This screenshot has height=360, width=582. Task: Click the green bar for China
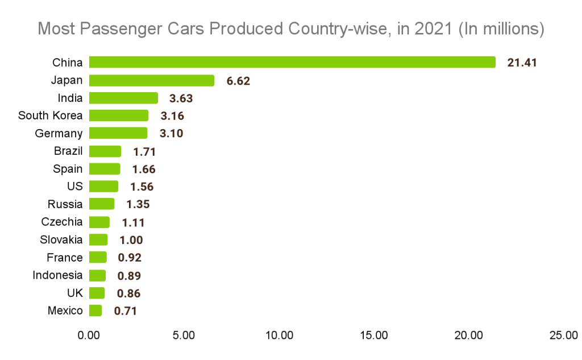tap(292, 63)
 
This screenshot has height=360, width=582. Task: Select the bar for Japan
tap(152, 81)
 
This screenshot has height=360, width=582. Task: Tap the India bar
tap(123, 98)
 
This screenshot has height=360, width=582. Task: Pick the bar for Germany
tap(118, 134)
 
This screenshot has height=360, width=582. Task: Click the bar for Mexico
tap(95, 311)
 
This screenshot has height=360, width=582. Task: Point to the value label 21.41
tap(522, 63)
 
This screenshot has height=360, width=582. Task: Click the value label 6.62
tap(238, 81)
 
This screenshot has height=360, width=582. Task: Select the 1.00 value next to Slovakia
tap(131, 240)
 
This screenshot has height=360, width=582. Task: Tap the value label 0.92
tap(130, 258)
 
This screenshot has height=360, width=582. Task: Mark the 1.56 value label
tap(142, 187)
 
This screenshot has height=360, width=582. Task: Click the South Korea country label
tap(50, 116)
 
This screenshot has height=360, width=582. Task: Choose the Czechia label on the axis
tap(61, 222)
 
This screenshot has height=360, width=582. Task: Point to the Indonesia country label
tap(57, 275)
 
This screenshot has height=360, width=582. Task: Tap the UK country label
tap(74, 293)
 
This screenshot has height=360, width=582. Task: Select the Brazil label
tap(68, 151)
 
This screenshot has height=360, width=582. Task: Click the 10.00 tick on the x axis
tap(279, 336)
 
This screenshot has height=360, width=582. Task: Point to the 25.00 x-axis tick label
tap(564, 336)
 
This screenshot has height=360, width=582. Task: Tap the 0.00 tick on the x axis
tap(89, 336)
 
